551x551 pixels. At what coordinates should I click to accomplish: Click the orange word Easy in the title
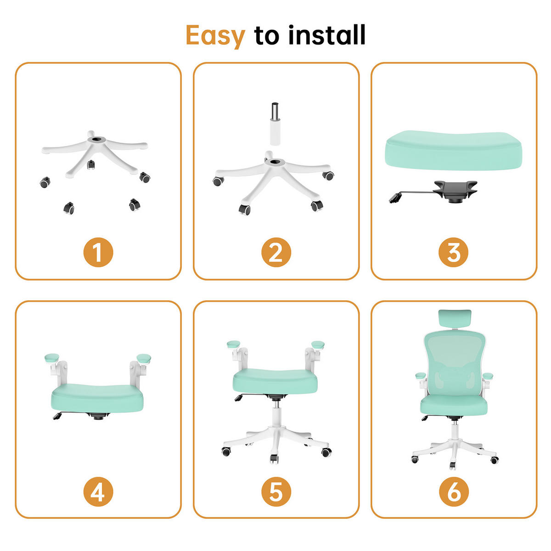coord(215,36)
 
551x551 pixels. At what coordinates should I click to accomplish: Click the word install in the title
coord(326,34)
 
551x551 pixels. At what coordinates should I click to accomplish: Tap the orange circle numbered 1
coord(98,252)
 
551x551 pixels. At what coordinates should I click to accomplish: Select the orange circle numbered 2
coord(276,252)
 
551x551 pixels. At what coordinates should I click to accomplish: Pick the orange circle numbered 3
coord(454,252)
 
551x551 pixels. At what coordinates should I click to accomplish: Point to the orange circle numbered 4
coord(98,491)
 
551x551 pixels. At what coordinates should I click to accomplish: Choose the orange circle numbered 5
coord(276,491)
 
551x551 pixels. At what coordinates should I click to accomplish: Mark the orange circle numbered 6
coord(454,491)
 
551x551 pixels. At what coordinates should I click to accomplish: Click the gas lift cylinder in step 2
coord(275,124)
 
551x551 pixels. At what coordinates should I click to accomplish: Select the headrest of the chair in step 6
coord(455,319)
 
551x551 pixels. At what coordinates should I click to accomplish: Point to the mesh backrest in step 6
coord(455,363)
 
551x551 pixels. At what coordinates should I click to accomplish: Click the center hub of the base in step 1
coord(96,140)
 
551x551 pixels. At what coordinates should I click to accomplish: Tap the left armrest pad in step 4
coord(52,357)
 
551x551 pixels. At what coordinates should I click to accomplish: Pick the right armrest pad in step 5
coord(318,344)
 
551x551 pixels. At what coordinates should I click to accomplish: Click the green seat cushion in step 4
coord(97,398)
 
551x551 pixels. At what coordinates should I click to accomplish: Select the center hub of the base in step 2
coord(275,162)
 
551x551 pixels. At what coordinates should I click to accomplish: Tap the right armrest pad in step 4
coord(144,358)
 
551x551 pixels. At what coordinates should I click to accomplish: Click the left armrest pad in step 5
coord(233,344)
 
